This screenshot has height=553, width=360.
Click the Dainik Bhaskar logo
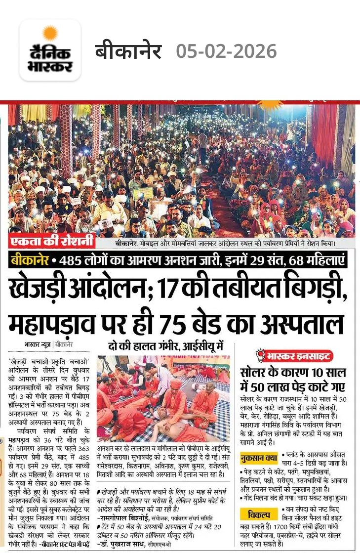pyautogui.click(x=50, y=50)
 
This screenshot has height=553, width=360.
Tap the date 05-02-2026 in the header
pyautogui.click(x=227, y=51)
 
